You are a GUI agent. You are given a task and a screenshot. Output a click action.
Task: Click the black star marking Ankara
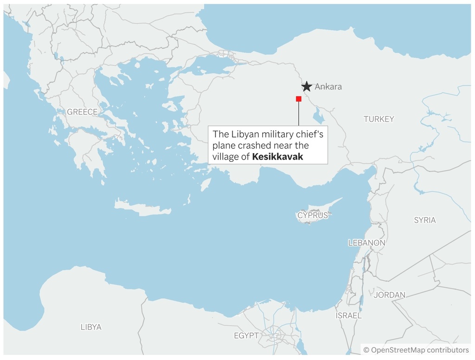307,86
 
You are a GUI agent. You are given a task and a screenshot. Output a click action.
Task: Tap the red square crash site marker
299,99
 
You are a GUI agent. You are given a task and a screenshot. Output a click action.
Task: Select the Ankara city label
328,87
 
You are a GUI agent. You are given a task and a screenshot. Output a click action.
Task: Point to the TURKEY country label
379,119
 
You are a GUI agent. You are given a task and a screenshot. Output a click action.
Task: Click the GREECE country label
82,112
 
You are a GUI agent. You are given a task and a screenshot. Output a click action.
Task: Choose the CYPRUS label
313,215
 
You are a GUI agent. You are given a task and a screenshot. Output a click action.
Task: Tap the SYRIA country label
424,220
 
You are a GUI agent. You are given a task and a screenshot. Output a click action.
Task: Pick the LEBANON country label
366,243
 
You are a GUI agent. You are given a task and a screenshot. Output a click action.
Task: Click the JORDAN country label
389,295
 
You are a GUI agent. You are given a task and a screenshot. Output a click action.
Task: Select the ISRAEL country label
348,315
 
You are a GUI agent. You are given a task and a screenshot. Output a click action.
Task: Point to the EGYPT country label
246,335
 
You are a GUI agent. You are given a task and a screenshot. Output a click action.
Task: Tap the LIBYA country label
91,327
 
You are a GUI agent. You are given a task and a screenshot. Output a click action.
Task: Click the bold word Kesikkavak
277,157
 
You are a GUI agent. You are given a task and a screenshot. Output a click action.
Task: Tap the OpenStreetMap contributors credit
416,350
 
